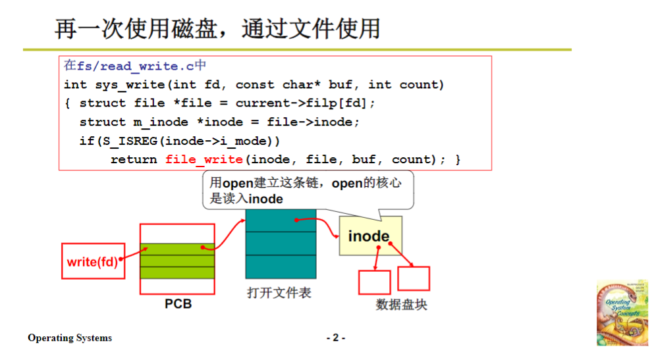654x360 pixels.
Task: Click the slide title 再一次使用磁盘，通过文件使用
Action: (217, 28)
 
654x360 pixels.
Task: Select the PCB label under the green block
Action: (178, 305)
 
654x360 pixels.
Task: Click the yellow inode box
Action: (369, 236)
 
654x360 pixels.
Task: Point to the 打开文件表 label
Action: (279, 293)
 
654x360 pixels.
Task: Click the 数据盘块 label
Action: (401, 305)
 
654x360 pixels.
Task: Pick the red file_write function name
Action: (204, 159)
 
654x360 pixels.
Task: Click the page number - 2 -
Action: (336, 338)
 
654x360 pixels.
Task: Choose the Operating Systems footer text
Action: (70, 338)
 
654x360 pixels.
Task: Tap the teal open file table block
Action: (281, 244)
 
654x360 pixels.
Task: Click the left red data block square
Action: (374, 282)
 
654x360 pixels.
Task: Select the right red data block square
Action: (414, 278)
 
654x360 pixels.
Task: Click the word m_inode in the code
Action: (157, 122)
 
